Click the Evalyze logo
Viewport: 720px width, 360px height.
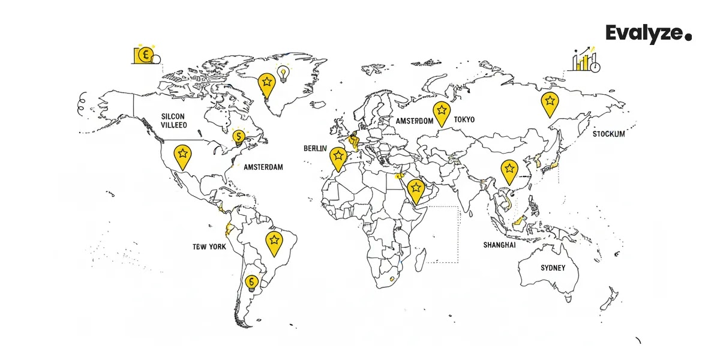coord(648,34)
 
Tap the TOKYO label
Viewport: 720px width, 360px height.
coord(464,120)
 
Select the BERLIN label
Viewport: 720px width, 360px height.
coord(315,148)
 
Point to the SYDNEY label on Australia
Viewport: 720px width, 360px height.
coord(553,268)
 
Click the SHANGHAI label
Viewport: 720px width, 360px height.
coord(499,245)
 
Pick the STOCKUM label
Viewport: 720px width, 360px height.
coord(608,134)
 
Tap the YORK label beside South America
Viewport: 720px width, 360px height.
coord(217,247)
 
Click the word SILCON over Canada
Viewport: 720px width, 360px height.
coord(173,116)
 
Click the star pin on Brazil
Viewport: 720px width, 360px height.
coord(274,242)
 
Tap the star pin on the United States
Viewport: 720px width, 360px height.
coord(182,155)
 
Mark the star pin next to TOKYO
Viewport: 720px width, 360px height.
coord(442,112)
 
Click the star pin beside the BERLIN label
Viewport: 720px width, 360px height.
coord(338,157)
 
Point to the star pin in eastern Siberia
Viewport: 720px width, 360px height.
coord(548,103)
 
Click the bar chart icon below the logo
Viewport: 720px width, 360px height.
coord(586,60)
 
